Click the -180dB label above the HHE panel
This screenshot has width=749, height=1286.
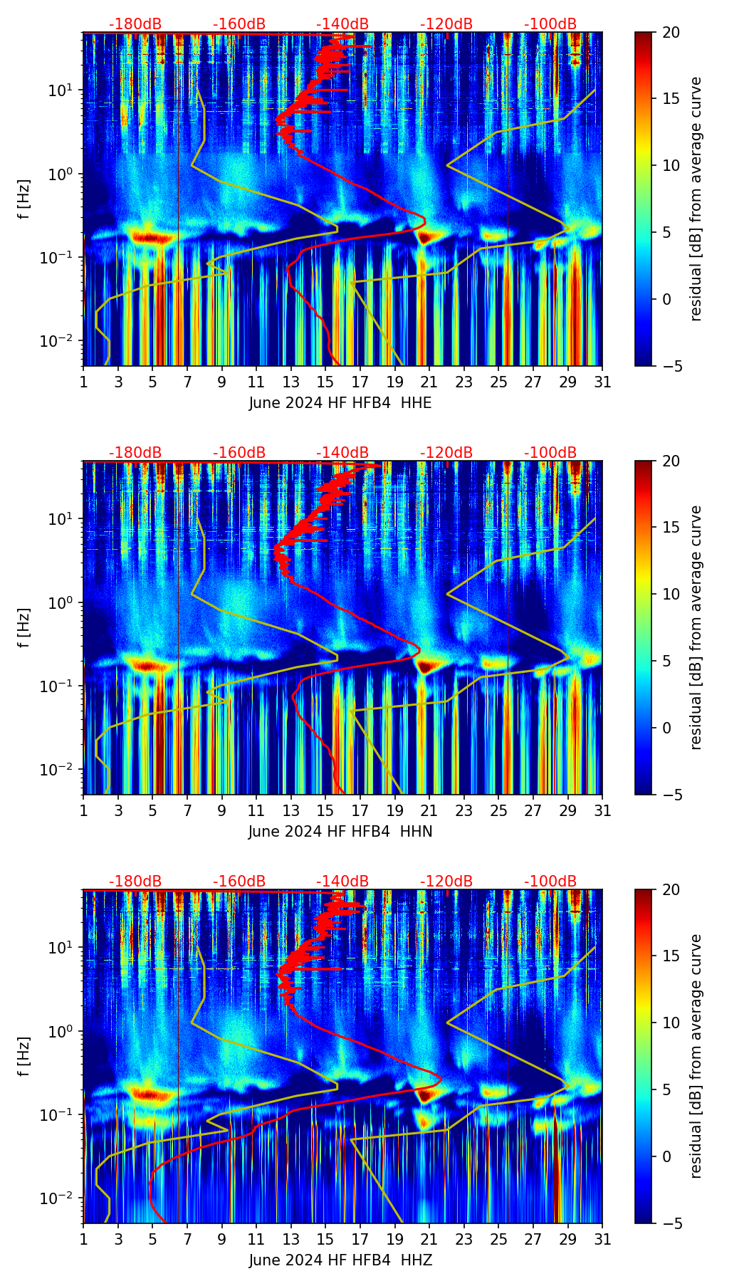click(x=135, y=24)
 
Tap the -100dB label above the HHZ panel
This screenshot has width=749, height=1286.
click(x=550, y=882)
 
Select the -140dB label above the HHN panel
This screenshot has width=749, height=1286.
click(x=342, y=453)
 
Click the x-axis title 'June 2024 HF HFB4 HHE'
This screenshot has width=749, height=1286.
click(x=340, y=403)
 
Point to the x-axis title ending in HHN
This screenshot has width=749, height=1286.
click(x=340, y=832)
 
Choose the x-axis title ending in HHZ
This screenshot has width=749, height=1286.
click(x=340, y=1260)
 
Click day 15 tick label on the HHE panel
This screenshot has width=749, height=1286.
click(x=325, y=382)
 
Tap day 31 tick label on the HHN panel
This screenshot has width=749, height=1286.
click(x=602, y=811)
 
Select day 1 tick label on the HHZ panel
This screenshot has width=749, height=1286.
click(x=83, y=1240)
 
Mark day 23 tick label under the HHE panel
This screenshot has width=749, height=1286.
click(x=464, y=382)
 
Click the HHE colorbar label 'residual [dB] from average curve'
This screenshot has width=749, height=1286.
click(x=696, y=199)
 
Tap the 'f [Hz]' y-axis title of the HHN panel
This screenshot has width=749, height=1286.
click(x=24, y=627)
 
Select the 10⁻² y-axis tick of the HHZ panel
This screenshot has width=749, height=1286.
click(x=58, y=1198)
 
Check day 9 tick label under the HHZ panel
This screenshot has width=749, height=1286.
click(x=221, y=1240)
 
